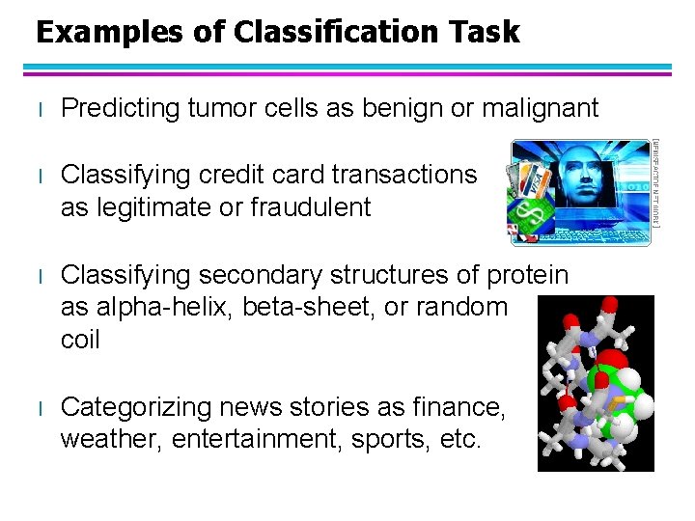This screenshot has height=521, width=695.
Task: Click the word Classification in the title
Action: (x=320, y=32)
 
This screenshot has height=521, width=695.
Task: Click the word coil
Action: (x=80, y=341)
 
